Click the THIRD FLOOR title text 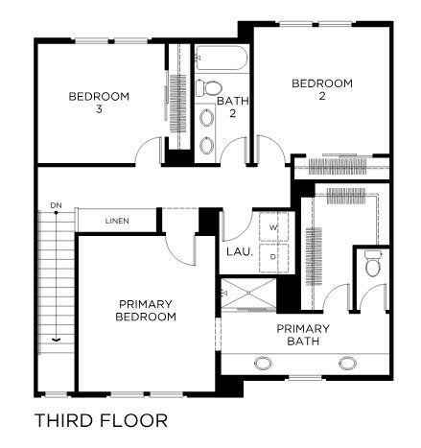click(x=101, y=420)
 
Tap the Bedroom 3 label click(x=99, y=103)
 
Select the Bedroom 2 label click(x=322, y=89)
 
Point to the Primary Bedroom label click(x=146, y=310)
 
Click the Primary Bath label click(x=303, y=335)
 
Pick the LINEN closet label click(x=117, y=221)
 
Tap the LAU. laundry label click(x=240, y=251)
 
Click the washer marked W click(x=273, y=226)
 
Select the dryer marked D click(x=273, y=258)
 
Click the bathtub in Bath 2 click(x=222, y=58)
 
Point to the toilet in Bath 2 click(x=209, y=88)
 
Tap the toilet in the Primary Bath click(x=372, y=263)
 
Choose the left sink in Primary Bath click(x=263, y=364)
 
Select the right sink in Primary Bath click(x=348, y=364)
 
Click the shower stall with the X click(x=248, y=293)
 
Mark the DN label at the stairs click(x=56, y=205)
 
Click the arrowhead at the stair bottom click(x=56, y=340)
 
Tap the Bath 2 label click(x=233, y=107)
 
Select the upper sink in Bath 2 click(x=207, y=117)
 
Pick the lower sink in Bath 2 click(x=207, y=146)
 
